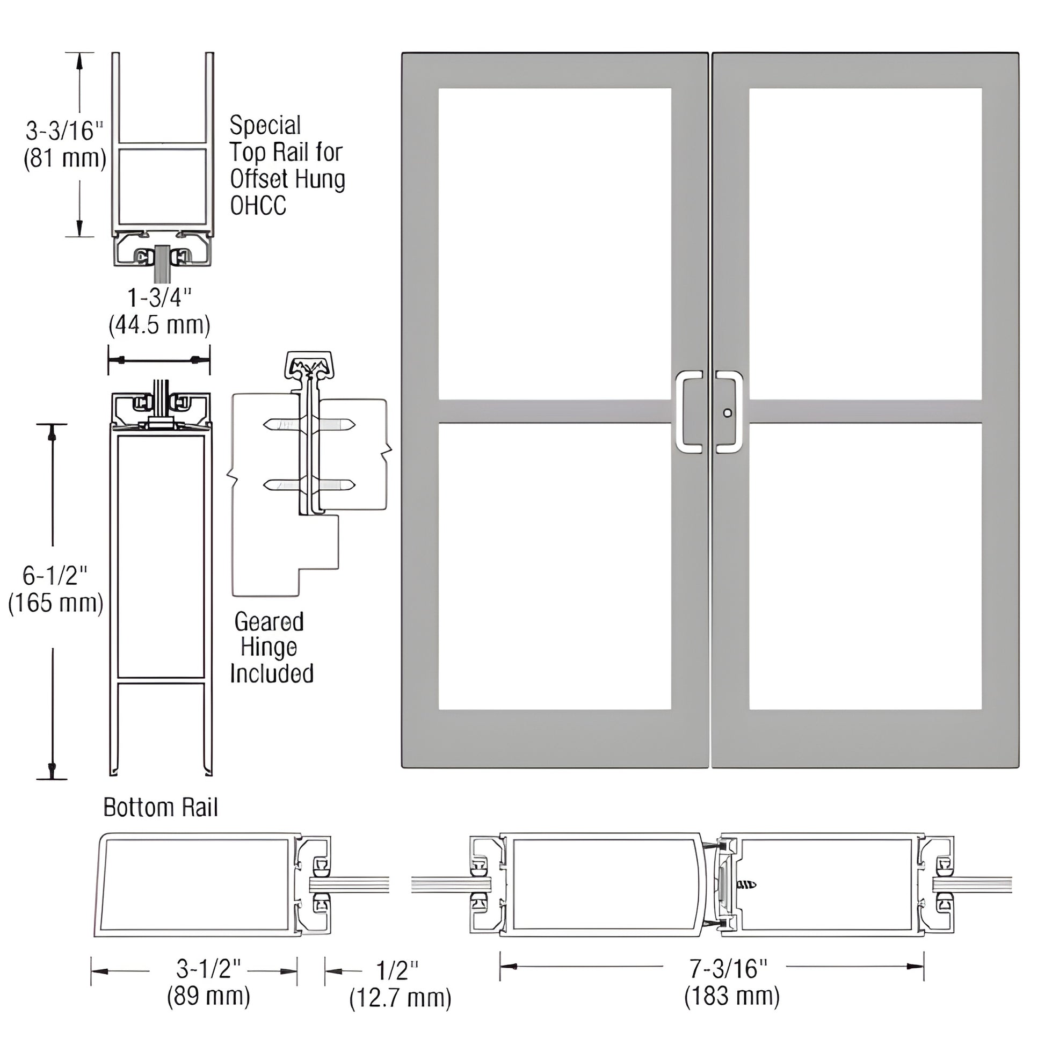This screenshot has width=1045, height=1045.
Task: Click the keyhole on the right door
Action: (728, 413)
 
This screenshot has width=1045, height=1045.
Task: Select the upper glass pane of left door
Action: (554, 243)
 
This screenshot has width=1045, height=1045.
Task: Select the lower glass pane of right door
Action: (866, 566)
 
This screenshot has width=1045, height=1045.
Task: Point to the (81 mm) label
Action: (64, 158)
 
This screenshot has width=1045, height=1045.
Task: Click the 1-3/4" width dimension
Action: (159, 298)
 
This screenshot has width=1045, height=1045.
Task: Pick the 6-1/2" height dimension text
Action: (55, 576)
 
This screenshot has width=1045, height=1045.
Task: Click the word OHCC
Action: (258, 206)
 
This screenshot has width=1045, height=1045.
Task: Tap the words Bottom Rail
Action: (161, 808)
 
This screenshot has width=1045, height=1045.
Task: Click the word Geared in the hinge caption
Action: (269, 622)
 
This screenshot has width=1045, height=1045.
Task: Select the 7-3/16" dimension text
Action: (728, 968)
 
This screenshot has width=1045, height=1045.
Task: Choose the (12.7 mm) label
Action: (400, 998)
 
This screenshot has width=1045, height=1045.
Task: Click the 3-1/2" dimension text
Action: (208, 968)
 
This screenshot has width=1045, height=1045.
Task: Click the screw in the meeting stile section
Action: (746, 885)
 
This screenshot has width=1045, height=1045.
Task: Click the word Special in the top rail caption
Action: (265, 126)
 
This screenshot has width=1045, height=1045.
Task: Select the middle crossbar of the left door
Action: (554, 411)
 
